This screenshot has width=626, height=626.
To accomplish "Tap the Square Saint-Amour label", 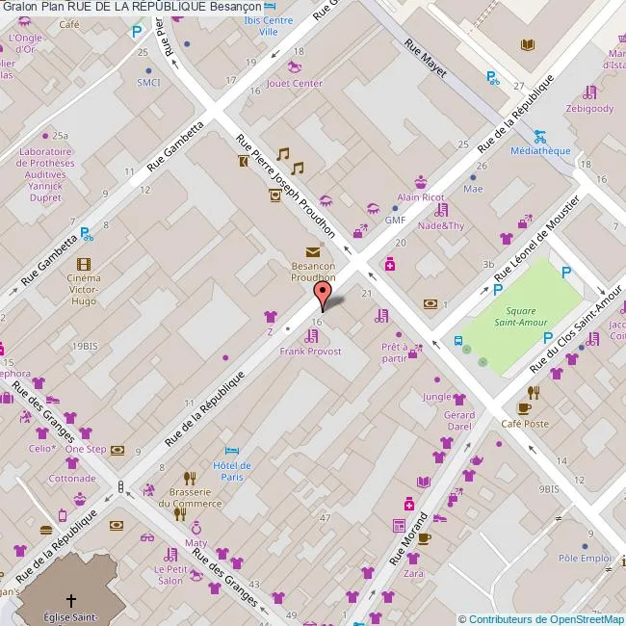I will click(x=520, y=317).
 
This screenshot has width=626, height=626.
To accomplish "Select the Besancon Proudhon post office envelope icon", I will click(x=314, y=252).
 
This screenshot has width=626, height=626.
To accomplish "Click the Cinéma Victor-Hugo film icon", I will click(x=84, y=264).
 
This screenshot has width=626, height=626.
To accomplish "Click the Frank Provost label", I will click(x=310, y=352).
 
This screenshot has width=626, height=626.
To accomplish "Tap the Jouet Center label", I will click(x=294, y=83).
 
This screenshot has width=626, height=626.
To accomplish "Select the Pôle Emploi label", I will click(x=586, y=558).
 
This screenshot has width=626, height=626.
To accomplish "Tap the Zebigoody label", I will click(x=589, y=109).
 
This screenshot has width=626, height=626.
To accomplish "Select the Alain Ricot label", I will click(x=421, y=197).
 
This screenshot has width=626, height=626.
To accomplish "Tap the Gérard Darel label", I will click(x=459, y=420).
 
